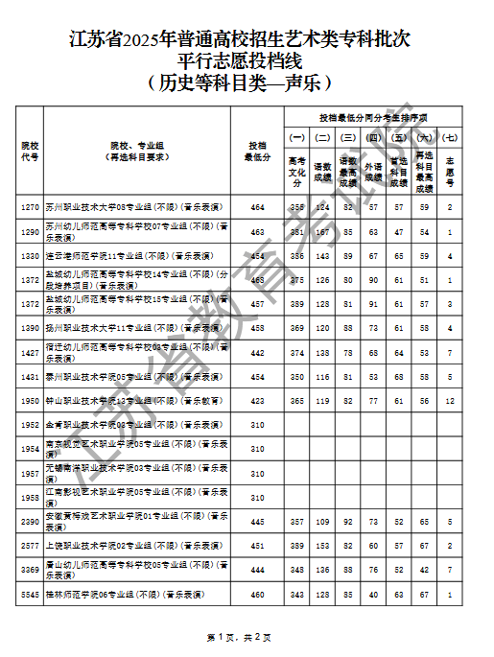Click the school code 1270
tap(30, 206)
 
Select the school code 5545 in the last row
tap(30, 595)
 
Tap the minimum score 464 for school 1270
tap(257, 206)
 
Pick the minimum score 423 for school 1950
tap(257, 399)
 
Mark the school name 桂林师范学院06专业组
tap(125, 595)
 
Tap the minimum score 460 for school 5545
tap(257, 595)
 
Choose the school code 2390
tap(30, 522)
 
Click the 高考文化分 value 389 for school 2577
tap(297, 546)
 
